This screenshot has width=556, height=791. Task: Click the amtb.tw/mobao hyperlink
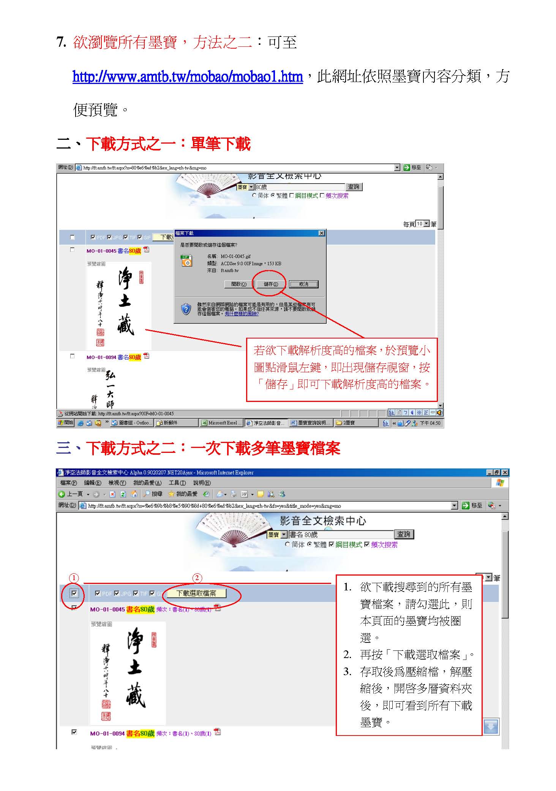pos(188,77)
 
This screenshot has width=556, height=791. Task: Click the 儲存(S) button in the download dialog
pos(270,284)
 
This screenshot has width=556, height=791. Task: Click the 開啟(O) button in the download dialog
pos(239,284)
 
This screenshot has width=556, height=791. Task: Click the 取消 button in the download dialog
pos(303,284)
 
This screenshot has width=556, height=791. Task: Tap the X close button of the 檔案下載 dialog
pos(321,233)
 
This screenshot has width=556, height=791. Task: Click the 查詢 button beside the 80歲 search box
pos(354,187)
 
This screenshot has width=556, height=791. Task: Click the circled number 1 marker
pos(74,578)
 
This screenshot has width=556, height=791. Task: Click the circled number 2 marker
pos(197,578)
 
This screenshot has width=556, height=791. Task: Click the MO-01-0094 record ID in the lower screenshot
pos(107,733)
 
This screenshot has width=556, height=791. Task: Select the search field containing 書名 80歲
pos(341,535)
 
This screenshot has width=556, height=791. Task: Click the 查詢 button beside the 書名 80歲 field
pos(404,534)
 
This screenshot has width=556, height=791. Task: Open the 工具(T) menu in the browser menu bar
pos(177,483)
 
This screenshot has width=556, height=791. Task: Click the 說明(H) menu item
pos(202,483)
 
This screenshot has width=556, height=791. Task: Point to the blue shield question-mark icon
pos(186,309)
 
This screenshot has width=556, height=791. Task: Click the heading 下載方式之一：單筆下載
pos(168,144)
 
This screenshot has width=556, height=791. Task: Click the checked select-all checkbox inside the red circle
pos(74,593)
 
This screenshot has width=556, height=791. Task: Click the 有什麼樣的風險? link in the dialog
pos(242,314)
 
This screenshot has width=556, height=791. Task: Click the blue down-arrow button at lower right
pos(491,726)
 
